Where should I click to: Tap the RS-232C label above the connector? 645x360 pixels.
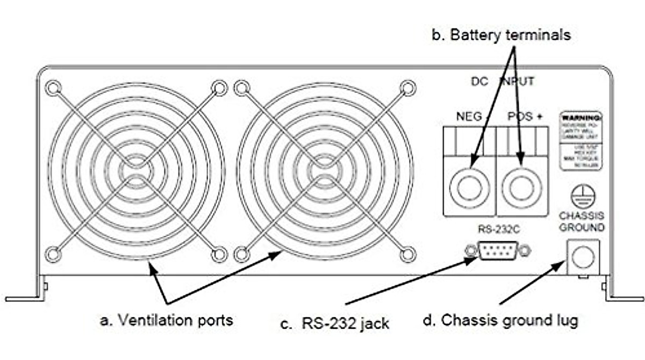[x=497, y=232]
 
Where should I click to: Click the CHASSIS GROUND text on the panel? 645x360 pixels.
[x=582, y=221]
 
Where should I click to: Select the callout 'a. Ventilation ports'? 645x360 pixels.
[x=167, y=320]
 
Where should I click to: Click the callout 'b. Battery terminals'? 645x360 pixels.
[x=501, y=35]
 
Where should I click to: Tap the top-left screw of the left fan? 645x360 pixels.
[x=53, y=88]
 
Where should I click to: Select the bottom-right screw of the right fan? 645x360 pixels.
[x=408, y=254]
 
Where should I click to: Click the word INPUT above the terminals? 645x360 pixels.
[x=517, y=82]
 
